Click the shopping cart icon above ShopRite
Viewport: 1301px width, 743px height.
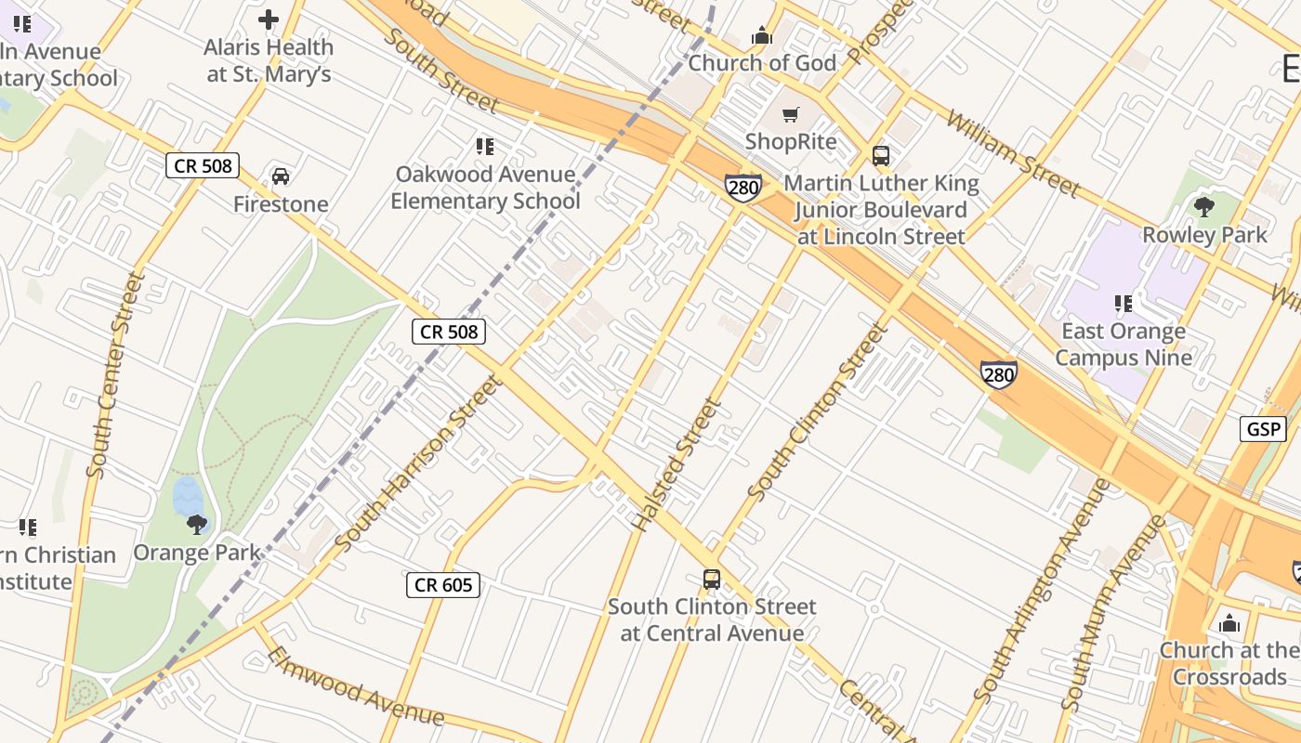point(790,115)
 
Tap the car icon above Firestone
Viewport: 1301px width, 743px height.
point(280,176)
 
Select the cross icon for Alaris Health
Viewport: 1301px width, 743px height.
point(269,20)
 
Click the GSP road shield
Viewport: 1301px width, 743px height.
point(1263,428)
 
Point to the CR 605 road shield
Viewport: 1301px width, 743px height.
point(443,584)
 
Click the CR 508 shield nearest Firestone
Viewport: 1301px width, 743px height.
point(203,166)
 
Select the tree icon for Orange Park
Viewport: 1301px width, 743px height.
point(196,525)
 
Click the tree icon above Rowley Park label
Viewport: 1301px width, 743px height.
point(1203,207)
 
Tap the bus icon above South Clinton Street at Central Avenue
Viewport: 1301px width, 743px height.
point(712,580)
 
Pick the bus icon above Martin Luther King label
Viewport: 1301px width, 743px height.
point(880,155)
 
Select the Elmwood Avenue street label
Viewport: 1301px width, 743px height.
point(355,686)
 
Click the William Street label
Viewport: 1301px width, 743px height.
point(1014,154)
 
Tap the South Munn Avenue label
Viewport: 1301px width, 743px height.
point(1112,613)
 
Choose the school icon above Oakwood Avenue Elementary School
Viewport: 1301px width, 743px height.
point(484,147)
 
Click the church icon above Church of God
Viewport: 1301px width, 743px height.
point(762,36)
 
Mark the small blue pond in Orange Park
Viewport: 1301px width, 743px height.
point(187,496)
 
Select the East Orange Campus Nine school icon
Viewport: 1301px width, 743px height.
point(1123,303)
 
